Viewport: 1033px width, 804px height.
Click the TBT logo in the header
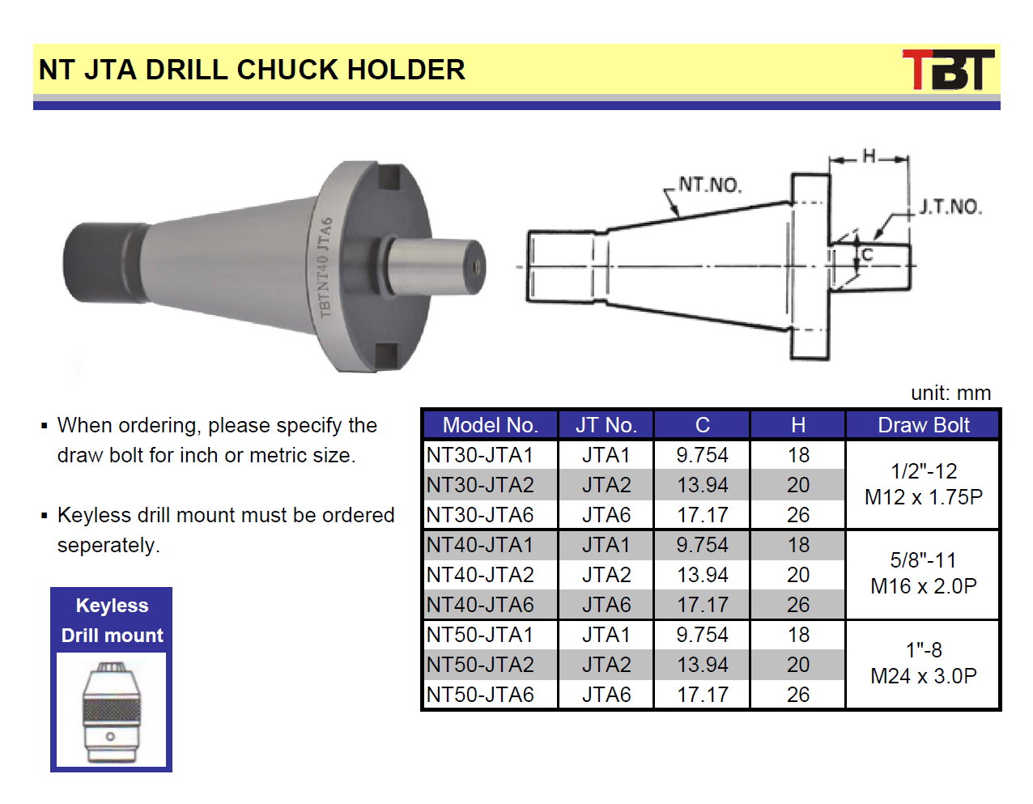pyautogui.click(x=948, y=70)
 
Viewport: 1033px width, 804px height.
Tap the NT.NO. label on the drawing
pyautogui.click(x=710, y=185)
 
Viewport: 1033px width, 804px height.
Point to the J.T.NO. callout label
pyautogui.click(x=950, y=206)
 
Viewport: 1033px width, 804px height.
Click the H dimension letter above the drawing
pyautogui.click(x=869, y=156)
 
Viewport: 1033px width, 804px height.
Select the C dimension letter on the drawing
pyautogui.click(x=868, y=255)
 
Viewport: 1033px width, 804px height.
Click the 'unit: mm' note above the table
pyautogui.click(x=950, y=393)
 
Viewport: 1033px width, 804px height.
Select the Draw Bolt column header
pyautogui.click(x=923, y=425)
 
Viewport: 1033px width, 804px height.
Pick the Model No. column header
pyautogui.click(x=490, y=425)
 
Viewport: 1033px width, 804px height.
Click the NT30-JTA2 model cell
pyautogui.click(x=480, y=485)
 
